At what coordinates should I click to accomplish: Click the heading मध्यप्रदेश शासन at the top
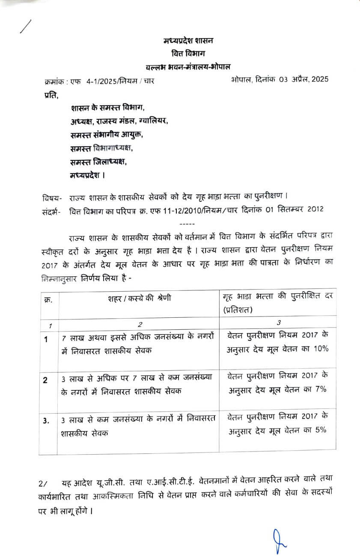point(188,41)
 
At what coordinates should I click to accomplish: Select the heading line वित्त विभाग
point(189,53)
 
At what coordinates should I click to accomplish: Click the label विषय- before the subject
point(52,198)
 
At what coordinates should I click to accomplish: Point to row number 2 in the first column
point(45,380)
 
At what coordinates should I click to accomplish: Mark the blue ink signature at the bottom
point(279,540)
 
